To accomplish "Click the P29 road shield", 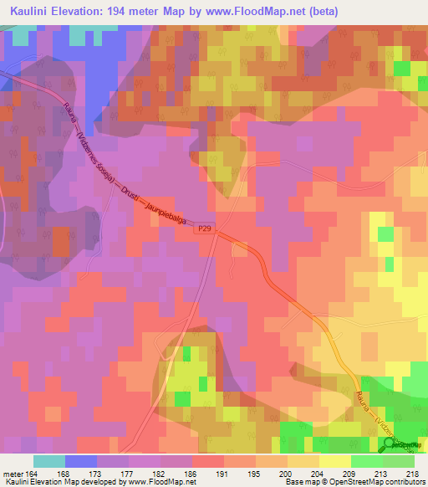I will click(205, 227).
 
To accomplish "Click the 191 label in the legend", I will click(222, 473).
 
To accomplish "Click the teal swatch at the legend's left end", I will click(49, 461).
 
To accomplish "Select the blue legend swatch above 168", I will click(81, 461).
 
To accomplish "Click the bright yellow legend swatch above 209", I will click(334, 461).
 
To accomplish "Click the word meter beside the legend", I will click(11, 473).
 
